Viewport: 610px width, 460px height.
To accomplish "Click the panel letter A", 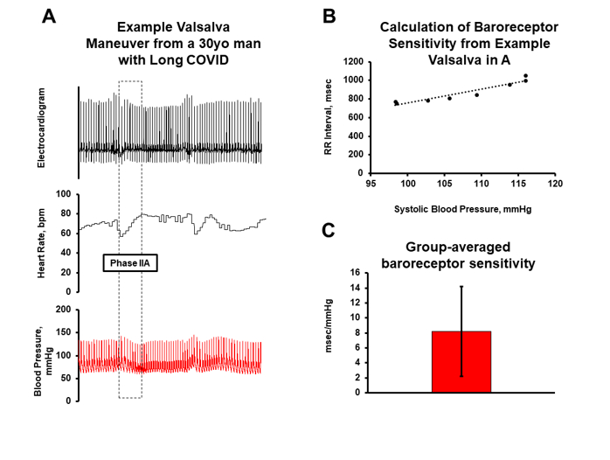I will [x=51, y=17].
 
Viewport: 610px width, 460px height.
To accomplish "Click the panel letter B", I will [x=330, y=17].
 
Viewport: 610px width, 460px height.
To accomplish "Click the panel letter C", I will [x=329, y=230].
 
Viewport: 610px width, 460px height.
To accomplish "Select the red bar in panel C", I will [x=461, y=361].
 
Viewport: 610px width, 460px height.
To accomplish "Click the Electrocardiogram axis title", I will [x=41, y=128].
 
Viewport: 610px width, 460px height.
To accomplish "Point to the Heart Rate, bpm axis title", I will [x=41, y=243].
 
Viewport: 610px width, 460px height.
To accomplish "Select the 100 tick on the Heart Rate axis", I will [x=64, y=194].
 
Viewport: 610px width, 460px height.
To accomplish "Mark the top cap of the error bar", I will [x=461, y=287].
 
